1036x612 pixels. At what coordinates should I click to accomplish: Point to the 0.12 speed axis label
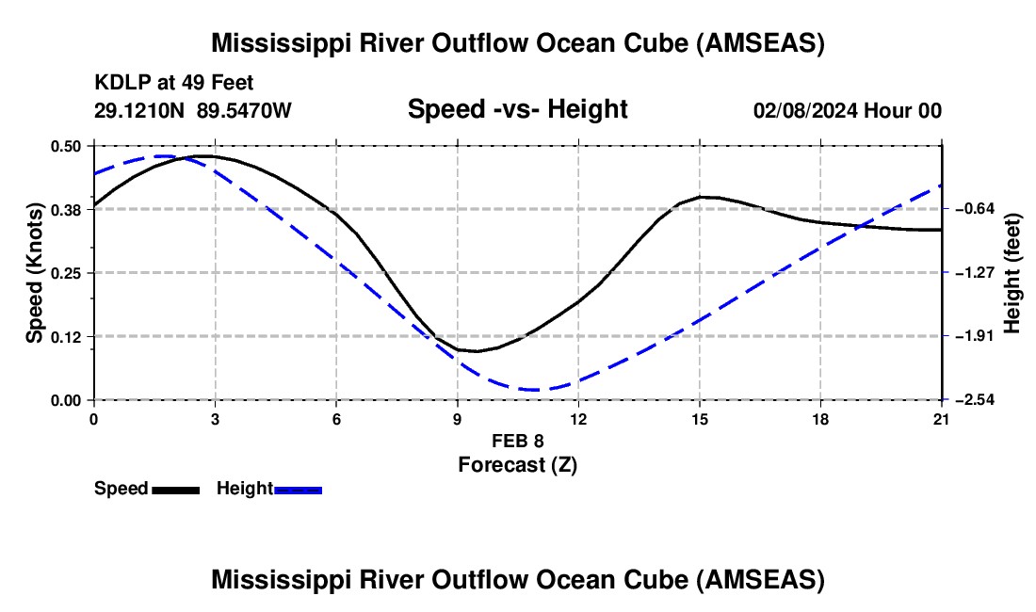[x=67, y=336]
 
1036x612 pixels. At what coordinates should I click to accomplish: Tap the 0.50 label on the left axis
[x=67, y=146]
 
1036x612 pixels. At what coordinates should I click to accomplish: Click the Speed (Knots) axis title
[x=34, y=273]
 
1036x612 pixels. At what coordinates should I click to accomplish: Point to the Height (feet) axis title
[x=1012, y=273]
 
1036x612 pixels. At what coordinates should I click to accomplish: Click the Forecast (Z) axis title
[x=517, y=464]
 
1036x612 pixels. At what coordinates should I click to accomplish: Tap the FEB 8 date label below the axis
[x=517, y=441]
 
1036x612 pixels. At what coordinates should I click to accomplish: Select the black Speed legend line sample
[x=175, y=490]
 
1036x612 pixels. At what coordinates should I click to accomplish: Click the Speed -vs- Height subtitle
[x=517, y=109]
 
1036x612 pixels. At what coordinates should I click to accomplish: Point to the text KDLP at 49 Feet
[x=174, y=83]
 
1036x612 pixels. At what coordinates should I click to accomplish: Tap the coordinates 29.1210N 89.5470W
[x=193, y=111]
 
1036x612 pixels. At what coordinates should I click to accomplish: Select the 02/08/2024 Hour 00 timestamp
[x=847, y=111]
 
